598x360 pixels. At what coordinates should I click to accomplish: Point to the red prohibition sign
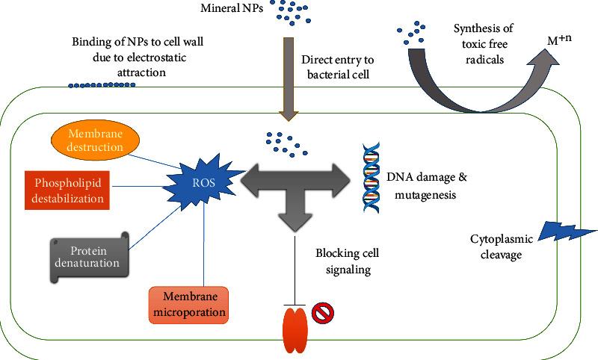pyautogui.click(x=321, y=313)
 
